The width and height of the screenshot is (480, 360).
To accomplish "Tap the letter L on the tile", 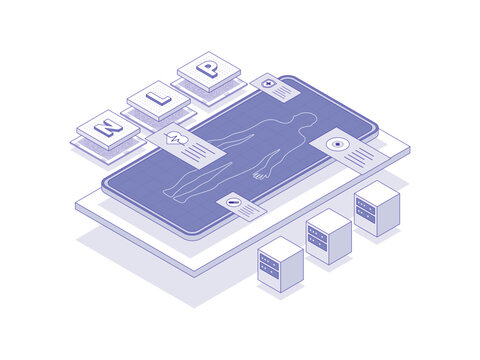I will (x=158, y=98).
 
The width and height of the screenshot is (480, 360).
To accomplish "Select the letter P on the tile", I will (x=208, y=69).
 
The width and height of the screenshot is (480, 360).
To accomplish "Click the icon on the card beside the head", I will (x=269, y=83).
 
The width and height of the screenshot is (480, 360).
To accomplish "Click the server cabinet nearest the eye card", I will (x=376, y=207).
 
